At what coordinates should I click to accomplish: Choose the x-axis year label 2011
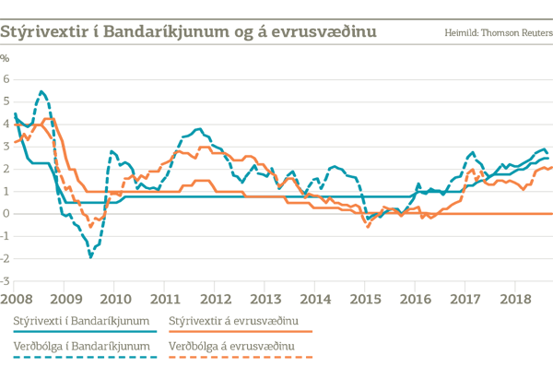[x=164, y=299]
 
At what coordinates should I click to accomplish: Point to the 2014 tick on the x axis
[x=315, y=299]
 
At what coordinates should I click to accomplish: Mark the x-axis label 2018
[x=516, y=299]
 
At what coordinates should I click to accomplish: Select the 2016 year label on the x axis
[x=416, y=299]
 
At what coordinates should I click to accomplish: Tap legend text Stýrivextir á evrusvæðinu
[x=234, y=320]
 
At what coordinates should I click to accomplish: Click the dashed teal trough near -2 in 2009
[x=90, y=256]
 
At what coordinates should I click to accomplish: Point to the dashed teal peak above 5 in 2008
[x=42, y=90]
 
